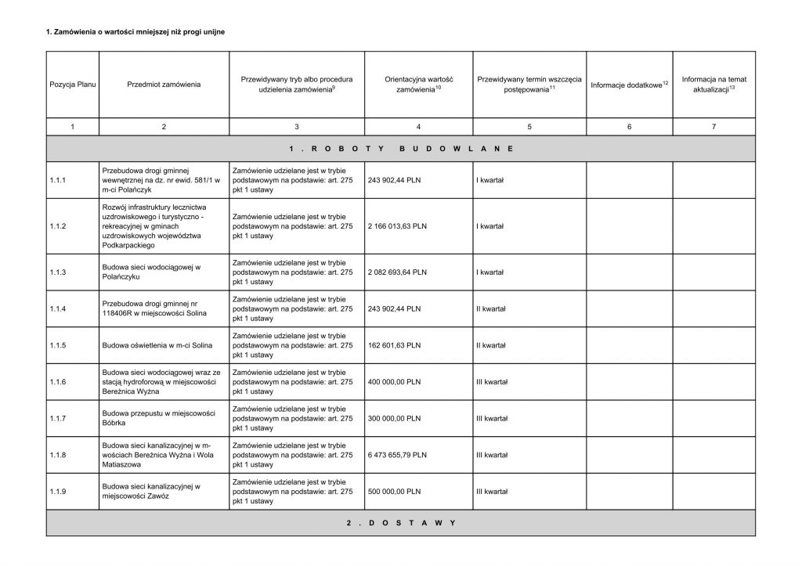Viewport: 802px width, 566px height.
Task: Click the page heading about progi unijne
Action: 137,31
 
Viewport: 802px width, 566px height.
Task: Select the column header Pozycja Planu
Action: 72,84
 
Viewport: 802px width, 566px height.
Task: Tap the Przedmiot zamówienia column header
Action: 163,84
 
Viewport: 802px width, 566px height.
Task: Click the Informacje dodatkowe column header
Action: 629,84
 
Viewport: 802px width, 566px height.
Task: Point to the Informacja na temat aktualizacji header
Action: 713,84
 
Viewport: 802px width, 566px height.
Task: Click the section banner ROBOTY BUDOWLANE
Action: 400,147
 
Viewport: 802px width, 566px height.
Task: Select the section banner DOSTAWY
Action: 400,522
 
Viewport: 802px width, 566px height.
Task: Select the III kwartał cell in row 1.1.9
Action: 492,491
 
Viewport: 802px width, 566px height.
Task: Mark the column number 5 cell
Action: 529,127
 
